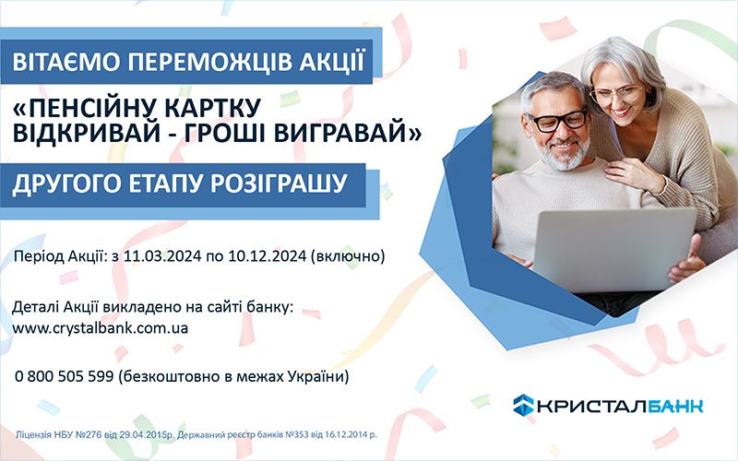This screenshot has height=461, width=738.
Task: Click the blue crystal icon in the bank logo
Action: pos(524,405)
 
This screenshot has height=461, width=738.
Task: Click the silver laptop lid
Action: pos(613,249)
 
